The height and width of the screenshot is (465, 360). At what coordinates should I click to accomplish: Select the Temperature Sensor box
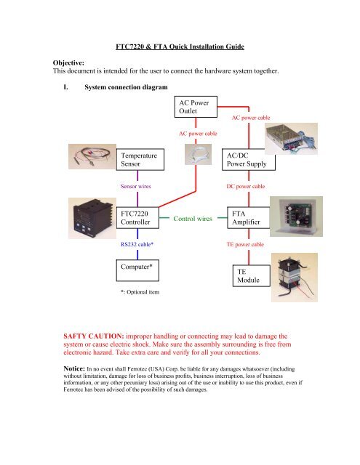[x=143, y=161]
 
